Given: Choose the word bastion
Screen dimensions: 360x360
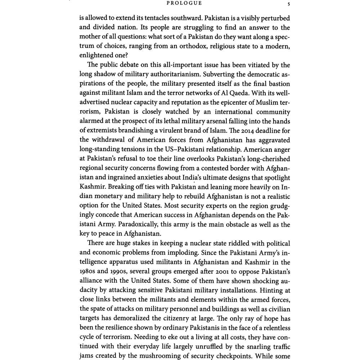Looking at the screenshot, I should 278,84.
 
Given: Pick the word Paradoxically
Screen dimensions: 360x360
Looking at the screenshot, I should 127,225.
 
